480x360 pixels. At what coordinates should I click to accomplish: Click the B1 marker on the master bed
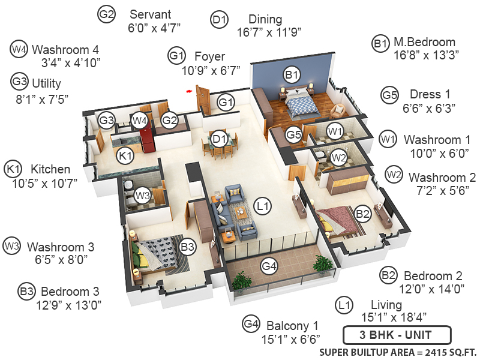tap(292, 76)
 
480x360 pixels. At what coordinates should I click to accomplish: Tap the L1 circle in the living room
tap(262, 205)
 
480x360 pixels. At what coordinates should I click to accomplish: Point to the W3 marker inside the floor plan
tap(142, 195)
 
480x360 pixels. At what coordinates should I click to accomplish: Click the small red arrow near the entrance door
tap(189, 91)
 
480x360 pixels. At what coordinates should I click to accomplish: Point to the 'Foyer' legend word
tap(210, 57)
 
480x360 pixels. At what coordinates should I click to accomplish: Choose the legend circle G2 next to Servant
tap(107, 15)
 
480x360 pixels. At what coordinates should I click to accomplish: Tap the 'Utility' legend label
tap(47, 83)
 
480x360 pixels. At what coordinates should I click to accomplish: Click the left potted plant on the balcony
tap(242, 280)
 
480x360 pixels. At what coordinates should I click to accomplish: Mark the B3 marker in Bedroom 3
tap(188, 246)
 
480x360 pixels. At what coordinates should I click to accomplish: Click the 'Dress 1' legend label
tap(430, 95)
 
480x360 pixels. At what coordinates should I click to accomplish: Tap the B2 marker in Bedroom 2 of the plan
tap(362, 213)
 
